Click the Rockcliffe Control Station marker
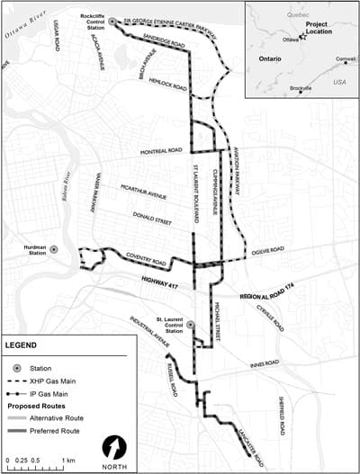click(112, 21)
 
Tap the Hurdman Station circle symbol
click(54, 249)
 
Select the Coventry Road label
click(147, 259)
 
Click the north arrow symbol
click(114, 447)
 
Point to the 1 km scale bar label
click(68, 460)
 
